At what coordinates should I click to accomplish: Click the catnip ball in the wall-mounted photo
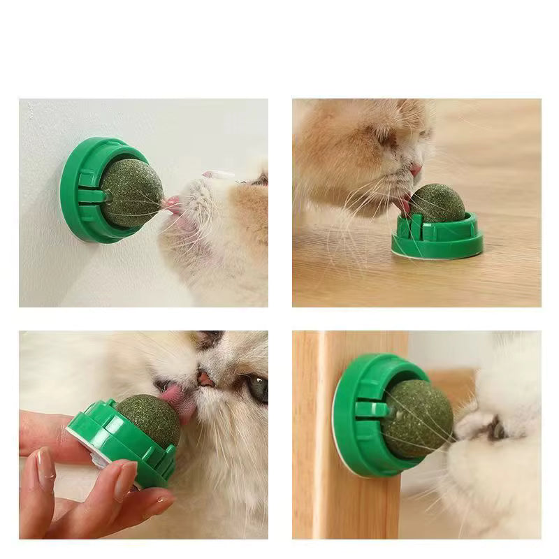[131, 191]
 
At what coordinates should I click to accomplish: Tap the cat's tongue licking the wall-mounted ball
[172, 205]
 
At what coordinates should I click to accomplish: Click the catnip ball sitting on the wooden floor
[436, 203]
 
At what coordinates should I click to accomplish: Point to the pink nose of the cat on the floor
[416, 170]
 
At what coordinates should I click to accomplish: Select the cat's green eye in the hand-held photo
[258, 388]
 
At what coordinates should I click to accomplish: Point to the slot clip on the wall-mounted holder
[92, 196]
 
